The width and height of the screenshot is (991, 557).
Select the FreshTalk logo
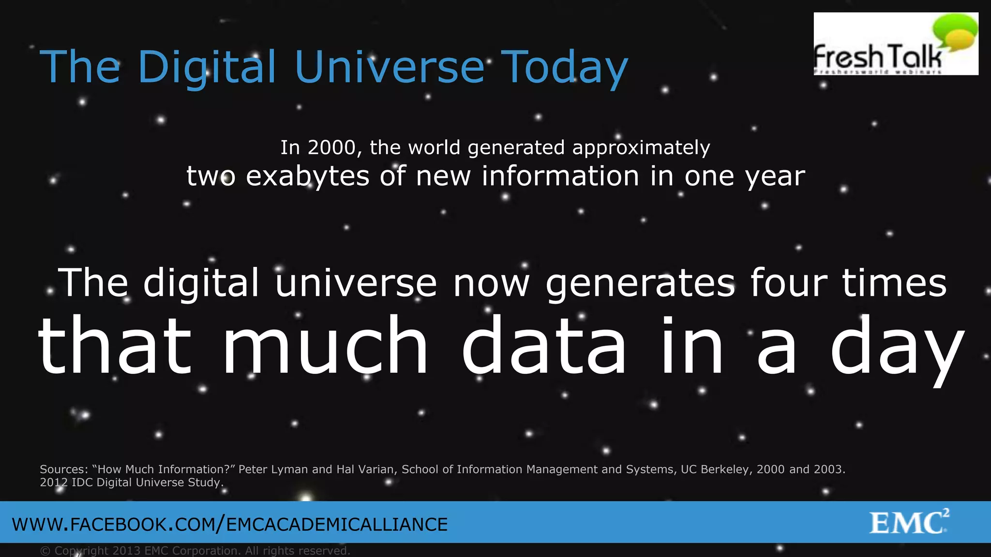pyautogui.click(x=896, y=44)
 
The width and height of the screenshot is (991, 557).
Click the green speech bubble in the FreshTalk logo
pyautogui.click(x=955, y=31)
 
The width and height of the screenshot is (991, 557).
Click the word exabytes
pyautogui.click(x=308, y=176)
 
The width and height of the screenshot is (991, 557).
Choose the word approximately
pyautogui.click(x=641, y=148)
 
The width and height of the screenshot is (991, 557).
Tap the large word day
pyautogui.click(x=897, y=348)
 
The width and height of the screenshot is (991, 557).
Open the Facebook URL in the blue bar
pyautogui.click(x=230, y=525)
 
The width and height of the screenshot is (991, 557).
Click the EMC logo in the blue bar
pyautogui.click(x=909, y=522)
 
